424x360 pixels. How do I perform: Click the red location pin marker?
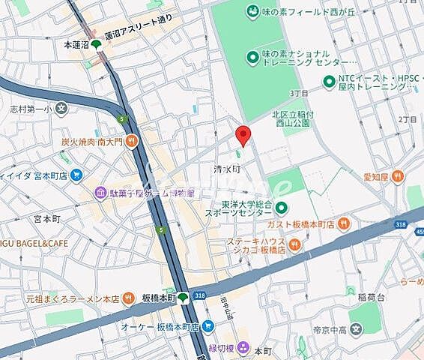[x=243, y=135]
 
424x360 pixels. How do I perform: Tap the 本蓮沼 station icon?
[x=96, y=45]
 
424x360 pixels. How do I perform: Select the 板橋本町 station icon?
[x=184, y=298]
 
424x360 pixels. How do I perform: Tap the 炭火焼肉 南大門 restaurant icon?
[x=132, y=139]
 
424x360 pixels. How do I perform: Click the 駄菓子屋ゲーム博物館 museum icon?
[x=100, y=193]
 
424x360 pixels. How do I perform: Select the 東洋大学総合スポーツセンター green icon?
[x=281, y=208]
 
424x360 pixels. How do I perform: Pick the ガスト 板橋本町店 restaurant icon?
[x=344, y=223]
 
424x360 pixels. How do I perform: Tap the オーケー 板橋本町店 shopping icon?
[x=208, y=327]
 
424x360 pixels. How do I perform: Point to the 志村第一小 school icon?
[x=62, y=108]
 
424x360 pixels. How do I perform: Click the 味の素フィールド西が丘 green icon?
[x=252, y=10]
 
